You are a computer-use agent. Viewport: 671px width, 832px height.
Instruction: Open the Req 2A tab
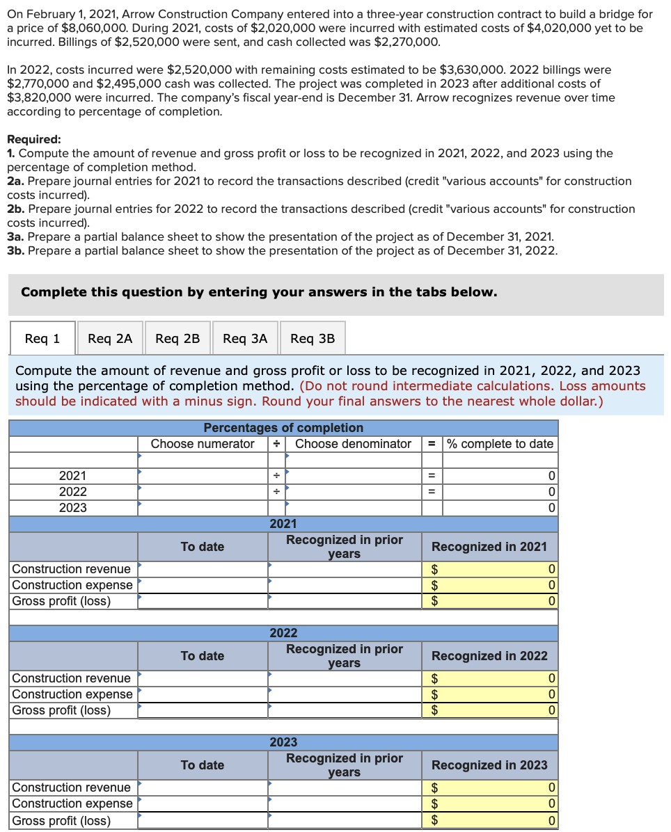[110, 338]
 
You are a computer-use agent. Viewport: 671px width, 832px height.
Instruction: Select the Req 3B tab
[313, 338]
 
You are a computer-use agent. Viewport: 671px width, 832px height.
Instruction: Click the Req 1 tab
[42, 338]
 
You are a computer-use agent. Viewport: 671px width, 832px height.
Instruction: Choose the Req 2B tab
[177, 338]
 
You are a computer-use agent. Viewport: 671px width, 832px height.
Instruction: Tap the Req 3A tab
[245, 338]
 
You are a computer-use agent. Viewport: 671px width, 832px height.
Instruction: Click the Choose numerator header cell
[203, 444]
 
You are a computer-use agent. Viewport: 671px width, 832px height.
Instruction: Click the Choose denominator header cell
[353, 444]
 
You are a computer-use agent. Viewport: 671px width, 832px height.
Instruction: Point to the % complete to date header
[500, 444]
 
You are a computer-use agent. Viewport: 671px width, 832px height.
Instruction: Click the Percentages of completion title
[283, 428]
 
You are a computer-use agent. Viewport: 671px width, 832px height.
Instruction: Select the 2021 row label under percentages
[73, 476]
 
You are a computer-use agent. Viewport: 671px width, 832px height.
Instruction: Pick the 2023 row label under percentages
[73, 508]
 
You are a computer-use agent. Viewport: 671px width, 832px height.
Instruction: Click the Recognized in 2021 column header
[489, 547]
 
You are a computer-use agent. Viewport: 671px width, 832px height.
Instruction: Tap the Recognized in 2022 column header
[489, 656]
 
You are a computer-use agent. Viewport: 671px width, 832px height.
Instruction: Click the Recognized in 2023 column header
[489, 765]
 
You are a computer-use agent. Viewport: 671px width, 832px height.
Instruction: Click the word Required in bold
[33, 139]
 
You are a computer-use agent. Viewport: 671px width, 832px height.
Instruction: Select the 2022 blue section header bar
[283, 633]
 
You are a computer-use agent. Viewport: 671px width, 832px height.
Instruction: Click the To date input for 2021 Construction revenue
[203, 570]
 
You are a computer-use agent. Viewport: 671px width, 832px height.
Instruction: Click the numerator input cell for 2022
[203, 492]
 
